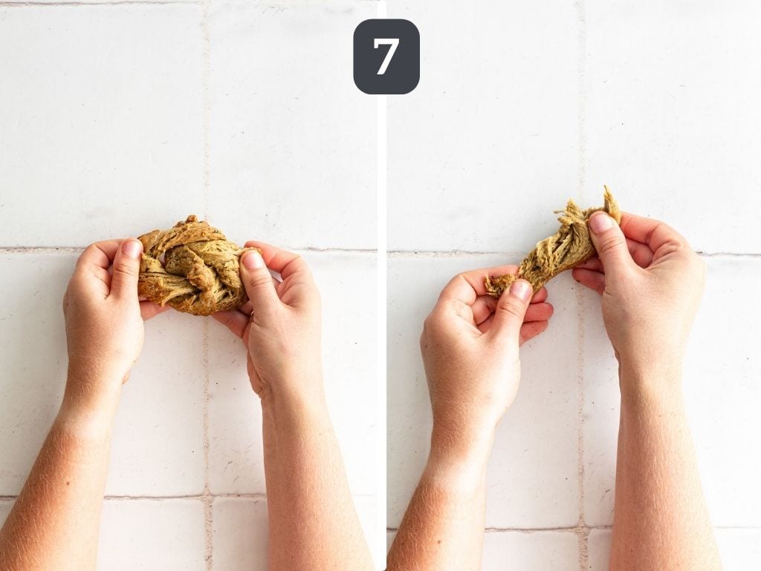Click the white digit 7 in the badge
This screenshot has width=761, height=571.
point(386,57)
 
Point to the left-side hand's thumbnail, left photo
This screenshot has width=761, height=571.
point(132,248)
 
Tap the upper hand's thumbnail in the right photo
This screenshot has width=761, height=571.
point(600,223)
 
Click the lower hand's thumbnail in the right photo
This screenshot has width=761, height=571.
point(520,290)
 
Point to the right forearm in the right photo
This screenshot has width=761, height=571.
point(660,476)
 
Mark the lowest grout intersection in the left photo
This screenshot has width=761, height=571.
point(208,496)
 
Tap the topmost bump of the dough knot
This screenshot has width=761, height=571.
point(192,218)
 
